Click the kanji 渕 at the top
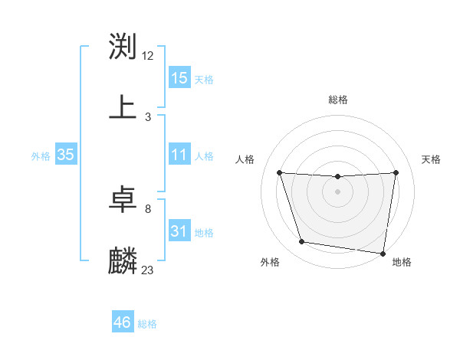[123, 46]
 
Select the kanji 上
[123, 107]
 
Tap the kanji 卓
[123, 199]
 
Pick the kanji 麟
[123, 260]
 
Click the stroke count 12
[148, 55]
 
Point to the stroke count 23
[148, 270]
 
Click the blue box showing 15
[179, 78]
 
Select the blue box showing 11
[179, 155]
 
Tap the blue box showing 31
[179, 231]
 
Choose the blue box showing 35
[66, 155]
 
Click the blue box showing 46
[123, 322]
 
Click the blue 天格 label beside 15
[204, 79]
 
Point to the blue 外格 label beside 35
[41, 155]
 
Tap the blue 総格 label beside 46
[147, 323]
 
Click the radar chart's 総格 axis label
[338, 100]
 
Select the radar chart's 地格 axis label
[402, 262]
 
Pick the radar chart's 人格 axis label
[245, 159]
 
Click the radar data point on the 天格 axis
[396, 172]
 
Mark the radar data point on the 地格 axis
[383, 253]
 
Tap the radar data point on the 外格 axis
[302, 242]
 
